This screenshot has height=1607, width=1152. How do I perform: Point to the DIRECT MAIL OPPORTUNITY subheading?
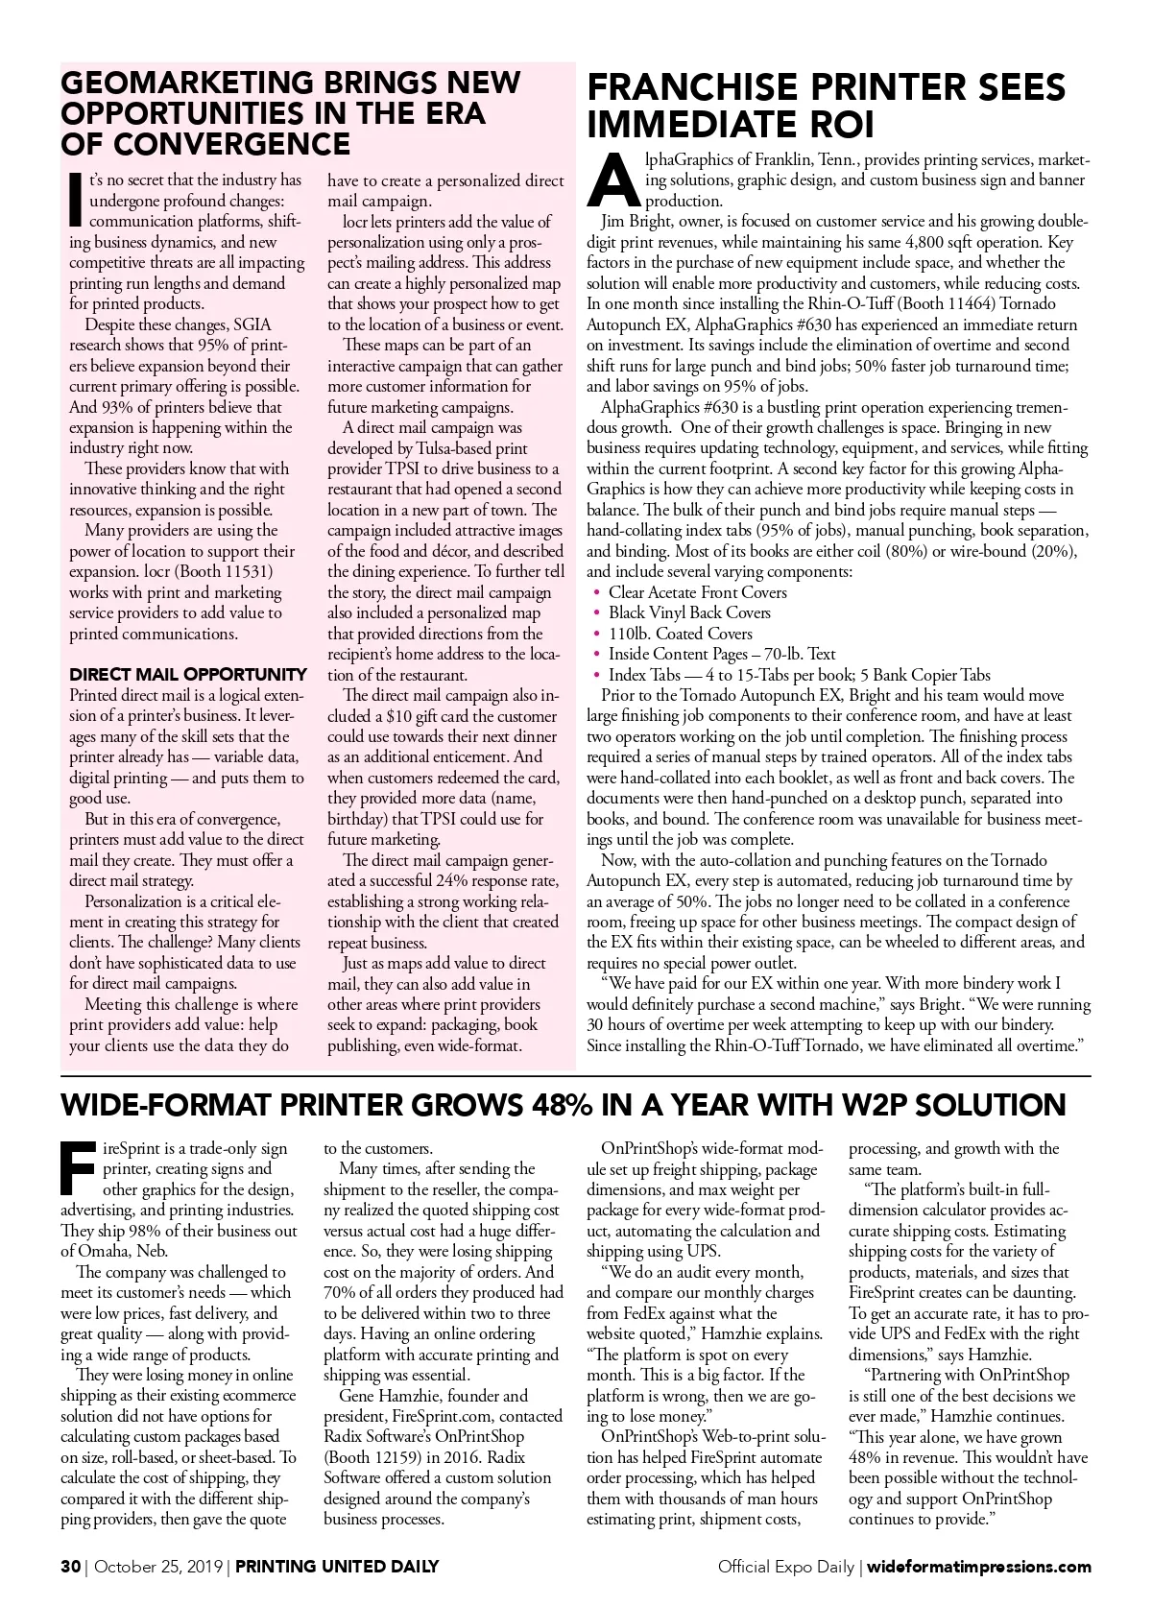188,674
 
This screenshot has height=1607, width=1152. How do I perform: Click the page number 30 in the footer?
69,1567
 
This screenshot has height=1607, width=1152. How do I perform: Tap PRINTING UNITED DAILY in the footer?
337,1567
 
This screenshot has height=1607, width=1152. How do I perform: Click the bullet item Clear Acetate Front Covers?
697,592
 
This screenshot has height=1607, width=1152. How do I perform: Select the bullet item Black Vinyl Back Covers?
689,612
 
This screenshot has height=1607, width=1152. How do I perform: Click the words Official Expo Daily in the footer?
785,1567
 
